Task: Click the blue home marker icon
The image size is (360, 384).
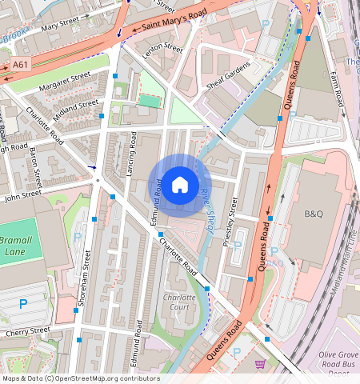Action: point(180,185)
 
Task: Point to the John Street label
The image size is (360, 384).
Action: point(21,194)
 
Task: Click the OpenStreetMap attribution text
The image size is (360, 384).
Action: point(81,378)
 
